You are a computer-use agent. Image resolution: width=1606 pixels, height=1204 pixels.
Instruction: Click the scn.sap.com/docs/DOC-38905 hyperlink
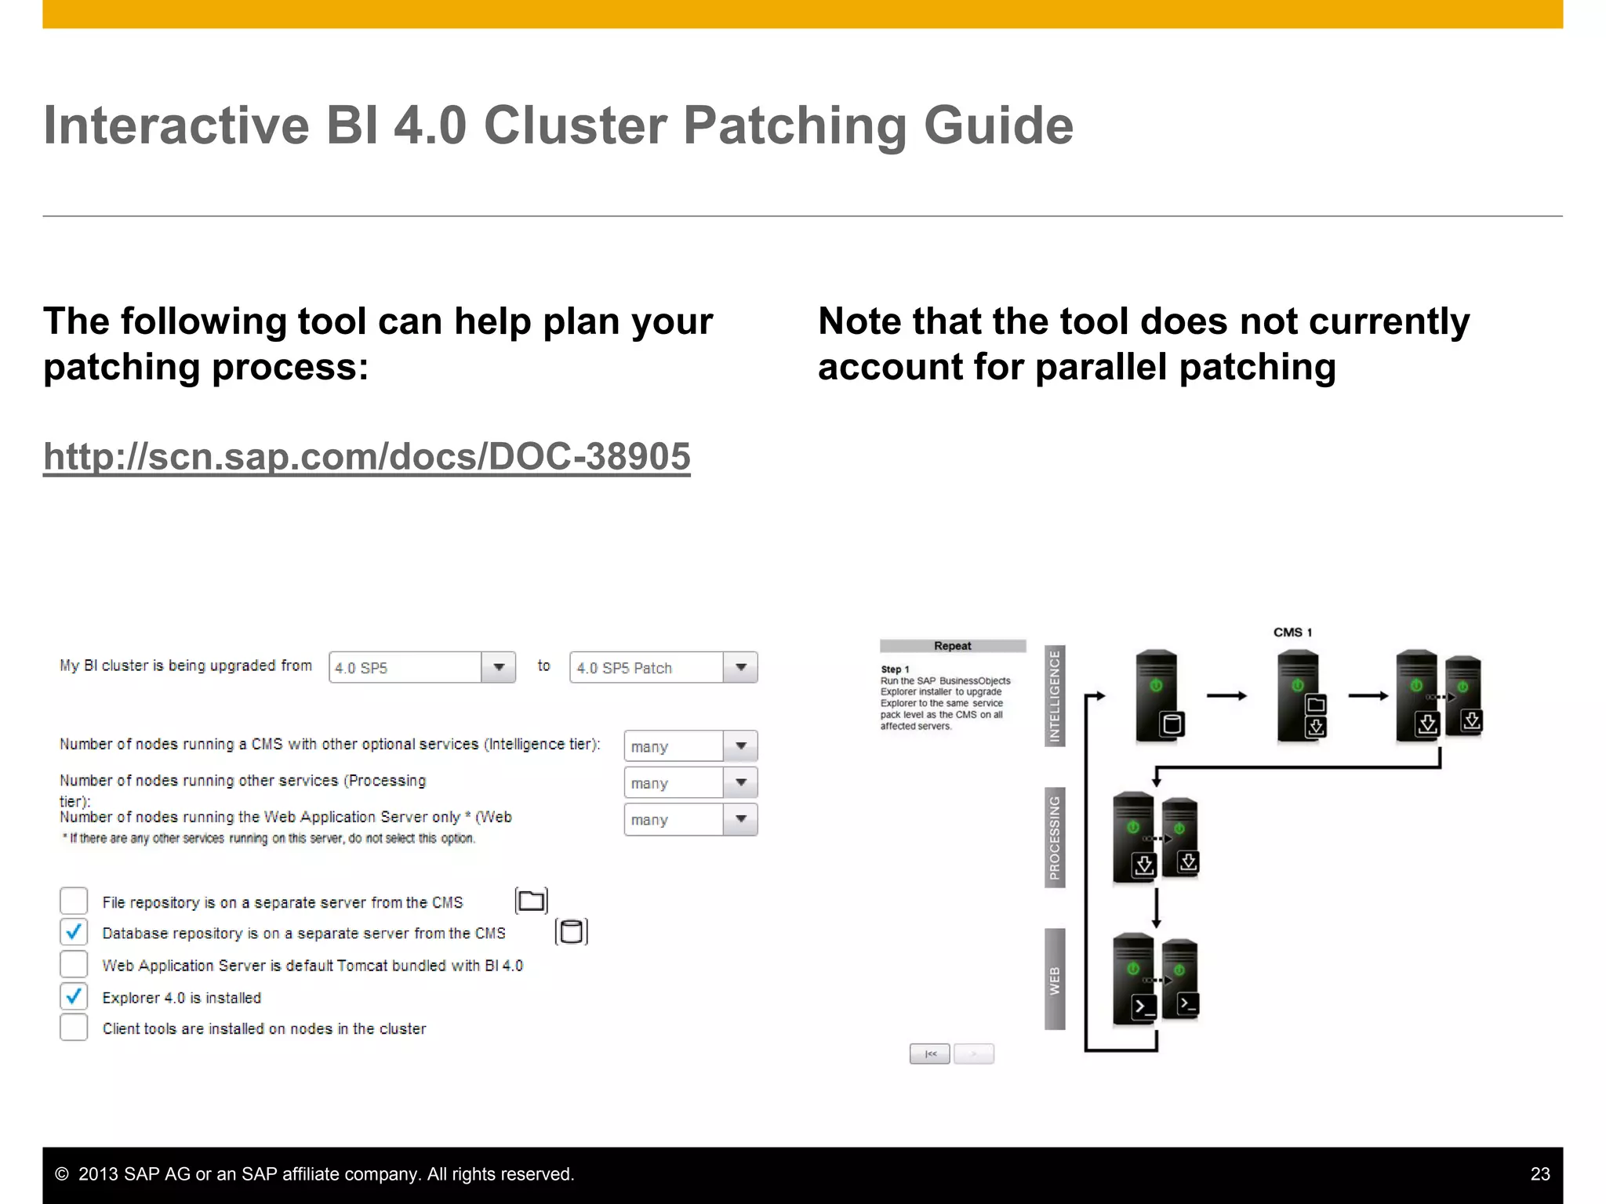pos(366,456)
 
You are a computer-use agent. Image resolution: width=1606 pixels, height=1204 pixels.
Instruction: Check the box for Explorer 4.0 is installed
pos(74,997)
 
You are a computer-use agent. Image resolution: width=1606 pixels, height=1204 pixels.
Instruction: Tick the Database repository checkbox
pos(74,933)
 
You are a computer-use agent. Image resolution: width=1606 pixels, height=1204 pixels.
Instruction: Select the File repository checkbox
pos(74,901)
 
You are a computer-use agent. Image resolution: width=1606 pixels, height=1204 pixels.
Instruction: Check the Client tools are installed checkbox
pos(74,1028)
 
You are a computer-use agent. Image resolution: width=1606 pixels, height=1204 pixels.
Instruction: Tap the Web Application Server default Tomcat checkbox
pos(74,965)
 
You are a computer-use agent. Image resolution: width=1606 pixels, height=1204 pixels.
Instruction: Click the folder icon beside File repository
pos(531,901)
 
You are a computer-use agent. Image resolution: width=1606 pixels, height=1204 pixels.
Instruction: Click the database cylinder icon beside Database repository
pos(571,932)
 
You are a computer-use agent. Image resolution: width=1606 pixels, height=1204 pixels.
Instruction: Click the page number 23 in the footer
pos(1539,1174)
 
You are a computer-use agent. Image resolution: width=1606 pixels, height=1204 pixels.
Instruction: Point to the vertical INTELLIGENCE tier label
pos(1055,696)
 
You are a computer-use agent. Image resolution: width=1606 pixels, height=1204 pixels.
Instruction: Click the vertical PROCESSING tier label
pos(1055,838)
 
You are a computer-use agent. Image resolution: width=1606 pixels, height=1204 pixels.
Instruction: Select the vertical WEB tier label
pos(1055,980)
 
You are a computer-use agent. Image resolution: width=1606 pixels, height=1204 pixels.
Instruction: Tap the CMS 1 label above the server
pos(1292,633)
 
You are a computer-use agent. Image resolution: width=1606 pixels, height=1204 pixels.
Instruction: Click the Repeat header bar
pos(952,646)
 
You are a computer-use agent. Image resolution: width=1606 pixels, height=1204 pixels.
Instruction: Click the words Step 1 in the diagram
pos(895,669)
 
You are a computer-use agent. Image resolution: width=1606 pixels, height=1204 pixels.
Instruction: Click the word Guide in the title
pos(998,125)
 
